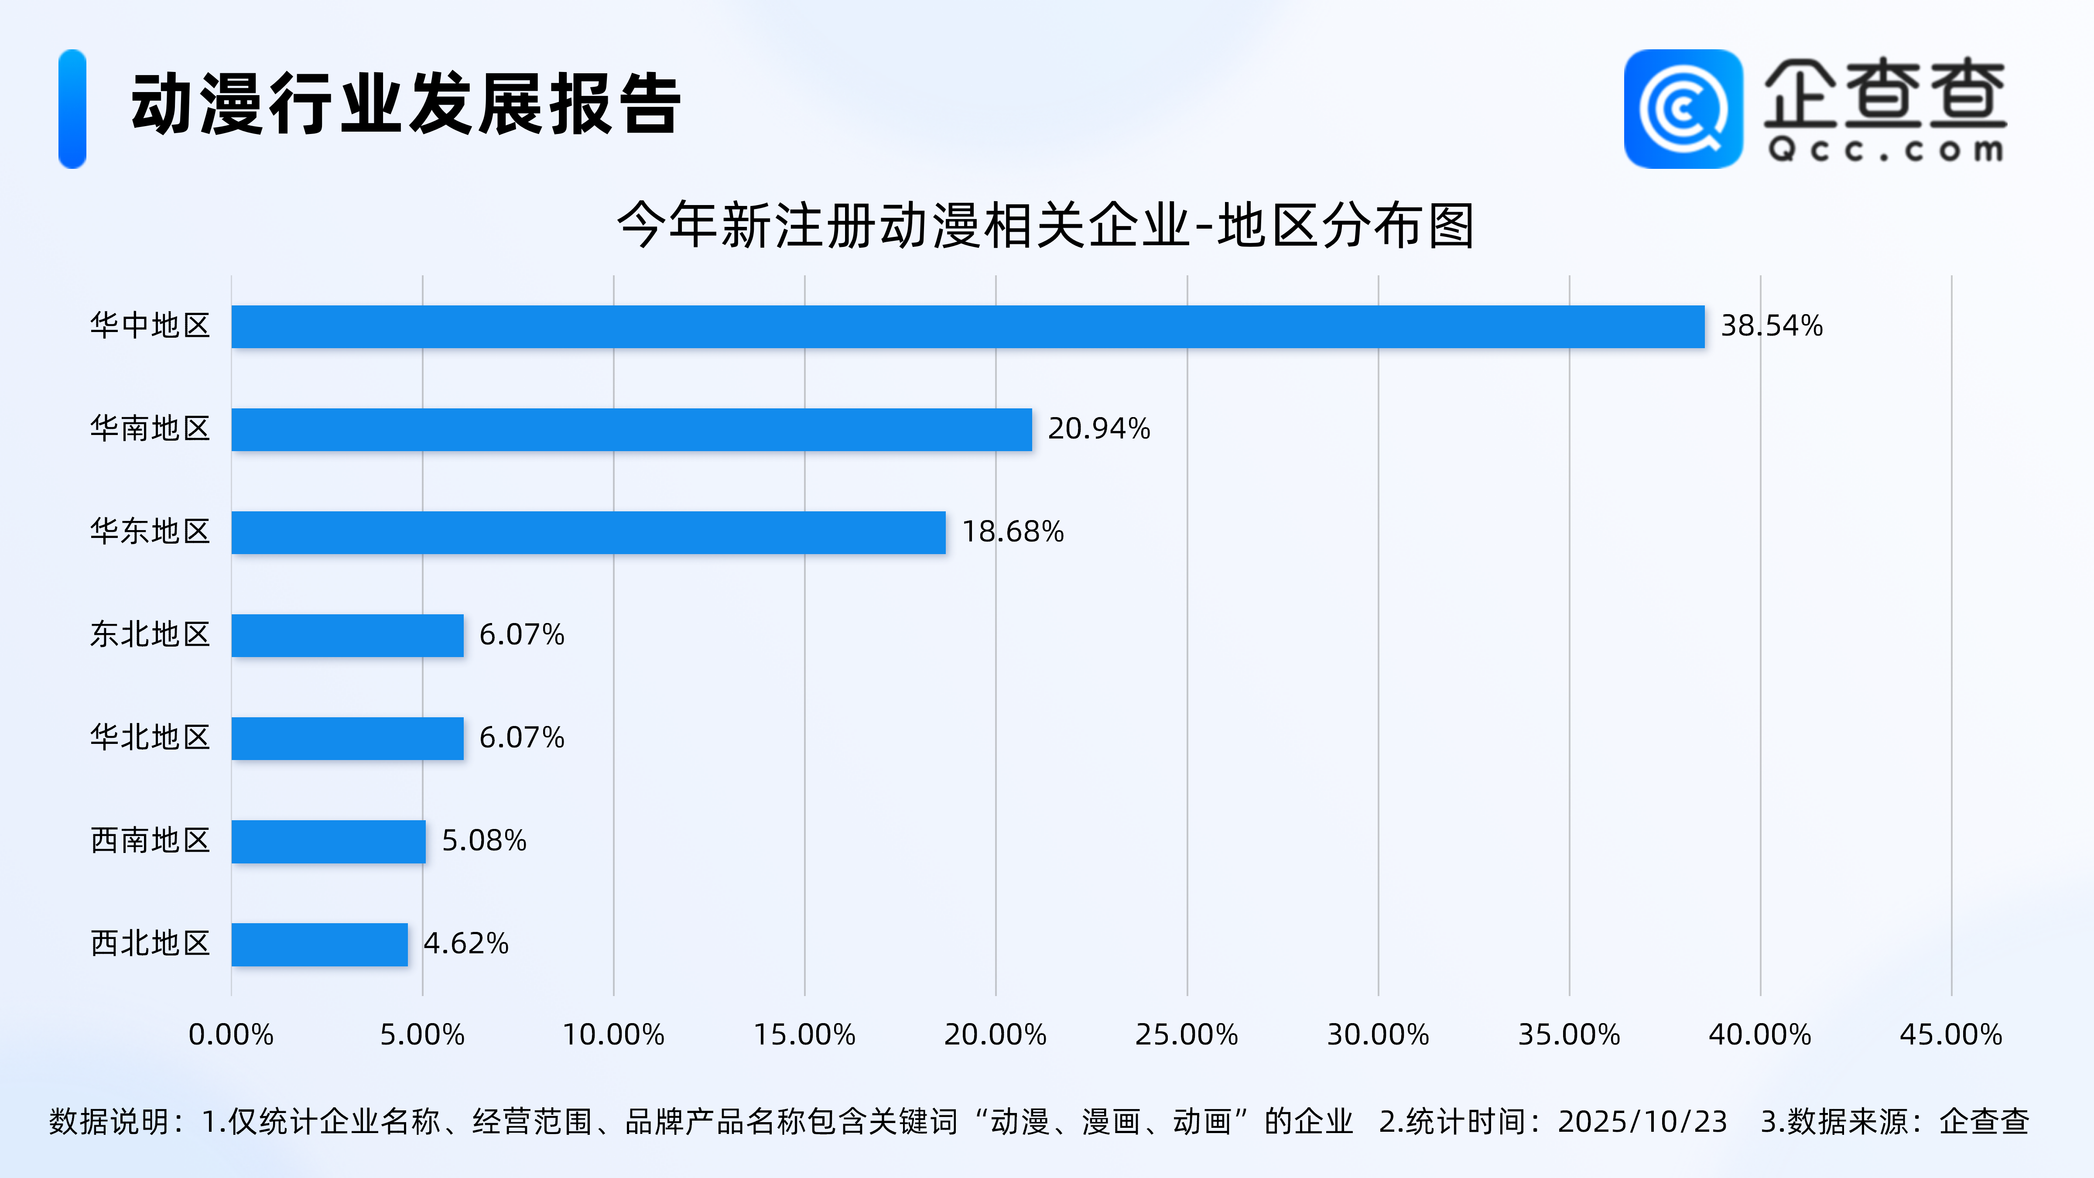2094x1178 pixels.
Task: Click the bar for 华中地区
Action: (x=967, y=327)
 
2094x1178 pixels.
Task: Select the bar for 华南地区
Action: (x=632, y=429)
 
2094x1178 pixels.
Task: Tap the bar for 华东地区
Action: (x=589, y=532)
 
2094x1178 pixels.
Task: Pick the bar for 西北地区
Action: (x=319, y=945)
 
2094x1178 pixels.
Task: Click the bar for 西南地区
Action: (x=328, y=842)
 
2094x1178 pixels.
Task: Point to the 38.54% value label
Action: (x=1771, y=326)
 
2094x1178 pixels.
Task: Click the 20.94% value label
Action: (x=1098, y=428)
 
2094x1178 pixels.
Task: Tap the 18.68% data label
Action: (x=1013, y=532)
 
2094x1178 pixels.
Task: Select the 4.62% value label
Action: (x=466, y=944)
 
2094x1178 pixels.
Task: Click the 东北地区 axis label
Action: (x=151, y=635)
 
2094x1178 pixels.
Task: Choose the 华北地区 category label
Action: (x=151, y=737)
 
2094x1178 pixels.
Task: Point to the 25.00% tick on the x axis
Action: (x=1186, y=1035)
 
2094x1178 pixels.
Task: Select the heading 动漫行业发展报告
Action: (x=406, y=104)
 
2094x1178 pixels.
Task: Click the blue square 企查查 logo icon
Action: (x=1683, y=109)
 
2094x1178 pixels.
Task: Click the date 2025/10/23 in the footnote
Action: (x=1642, y=1122)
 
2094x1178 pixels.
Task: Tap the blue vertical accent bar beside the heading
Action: (x=72, y=109)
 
